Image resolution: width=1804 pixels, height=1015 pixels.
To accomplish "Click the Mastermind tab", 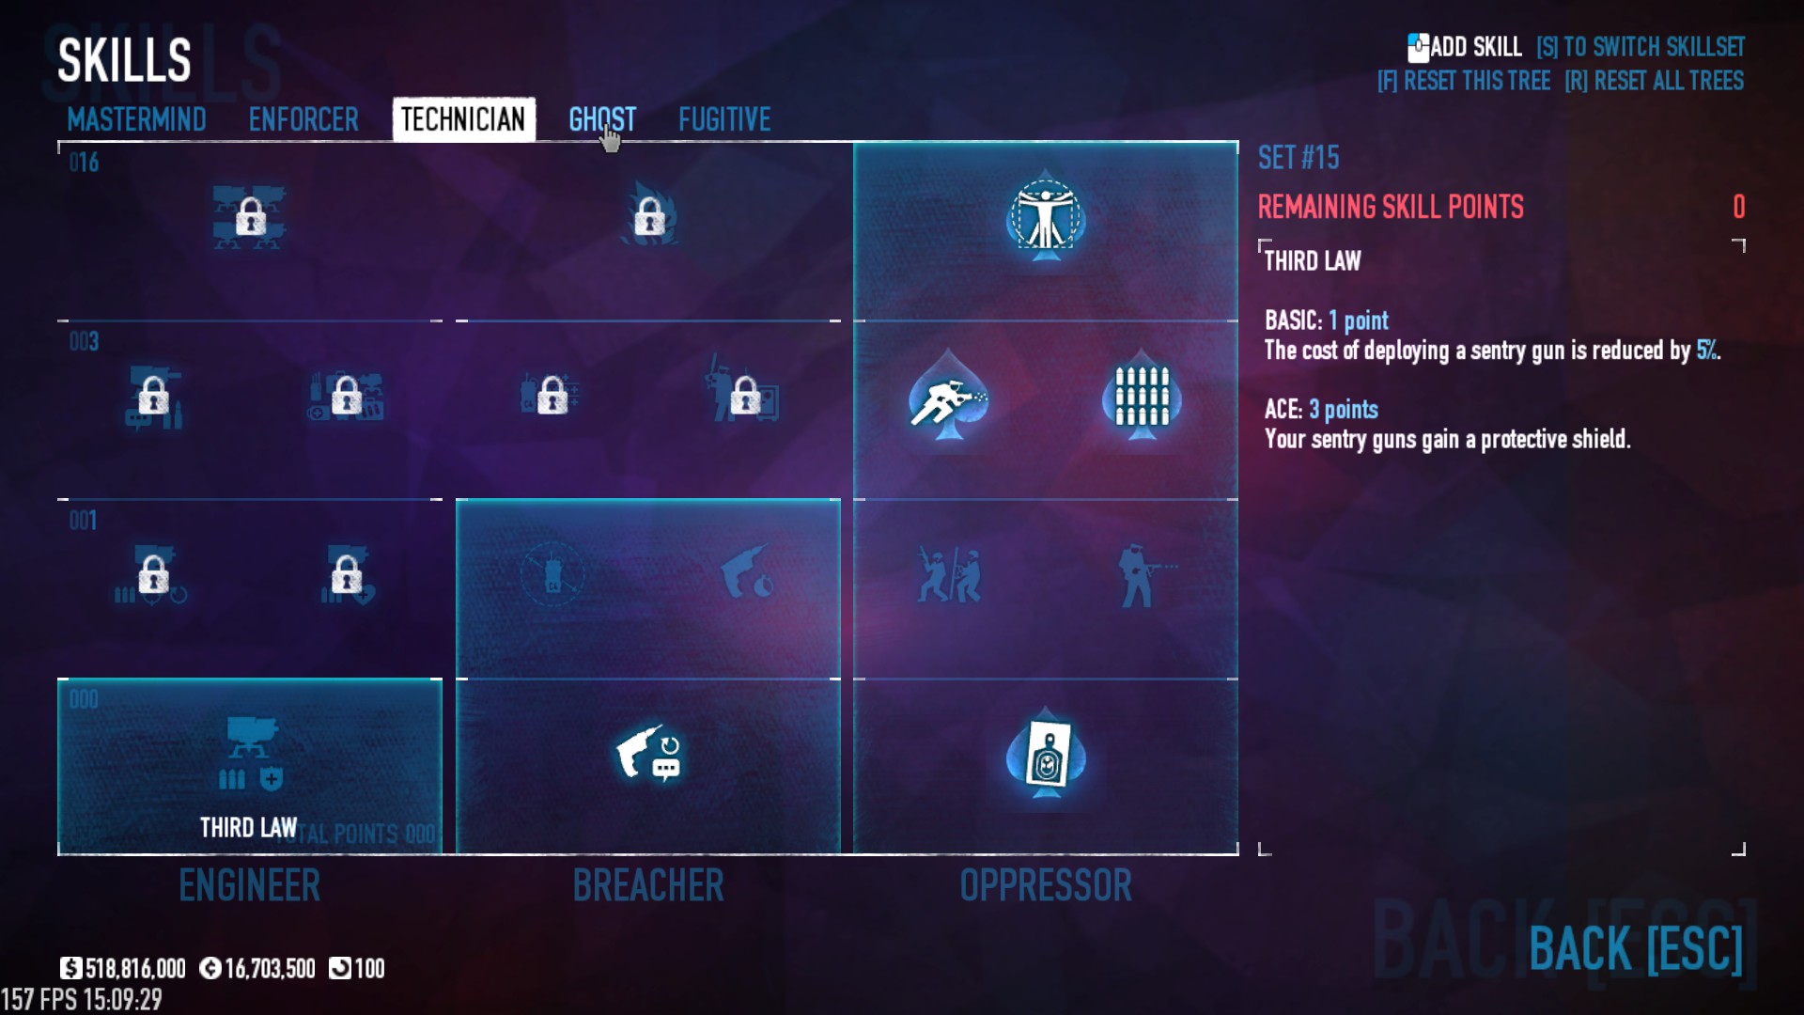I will [x=136, y=119].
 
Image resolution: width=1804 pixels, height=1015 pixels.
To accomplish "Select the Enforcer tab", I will [x=303, y=119].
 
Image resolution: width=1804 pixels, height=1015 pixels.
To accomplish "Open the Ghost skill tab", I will [x=602, y=119].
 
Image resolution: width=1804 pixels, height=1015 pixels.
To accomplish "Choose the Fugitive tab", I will [x=724, y=119].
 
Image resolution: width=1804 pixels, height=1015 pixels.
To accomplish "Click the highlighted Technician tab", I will [x=463, y=119].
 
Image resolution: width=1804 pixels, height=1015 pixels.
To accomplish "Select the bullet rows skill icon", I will [x=1142, y=396].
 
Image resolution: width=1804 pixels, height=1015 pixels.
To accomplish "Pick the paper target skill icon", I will [x=1047, y=755].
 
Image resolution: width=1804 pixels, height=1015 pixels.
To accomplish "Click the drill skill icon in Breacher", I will [x=647, y=755].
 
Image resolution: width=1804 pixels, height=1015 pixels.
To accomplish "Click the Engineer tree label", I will [x=249, y=885].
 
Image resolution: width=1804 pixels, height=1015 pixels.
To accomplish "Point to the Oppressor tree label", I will [x=1046, y=885].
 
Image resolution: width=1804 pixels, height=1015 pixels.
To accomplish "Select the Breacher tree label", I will [x=648, y=885].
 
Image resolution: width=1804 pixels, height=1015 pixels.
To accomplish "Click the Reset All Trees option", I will [x=1654, y=81].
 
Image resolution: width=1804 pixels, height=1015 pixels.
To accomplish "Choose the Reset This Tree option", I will [x=1464, y=81].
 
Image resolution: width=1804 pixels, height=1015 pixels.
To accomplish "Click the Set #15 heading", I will [x=1299, y=158].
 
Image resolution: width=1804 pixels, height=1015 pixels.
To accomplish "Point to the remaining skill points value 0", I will [x=1738, y=207].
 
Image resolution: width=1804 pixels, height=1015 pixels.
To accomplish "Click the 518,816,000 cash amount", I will [x=135, y=968].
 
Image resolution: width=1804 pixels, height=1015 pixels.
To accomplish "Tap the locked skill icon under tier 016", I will [x=250, y=219].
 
